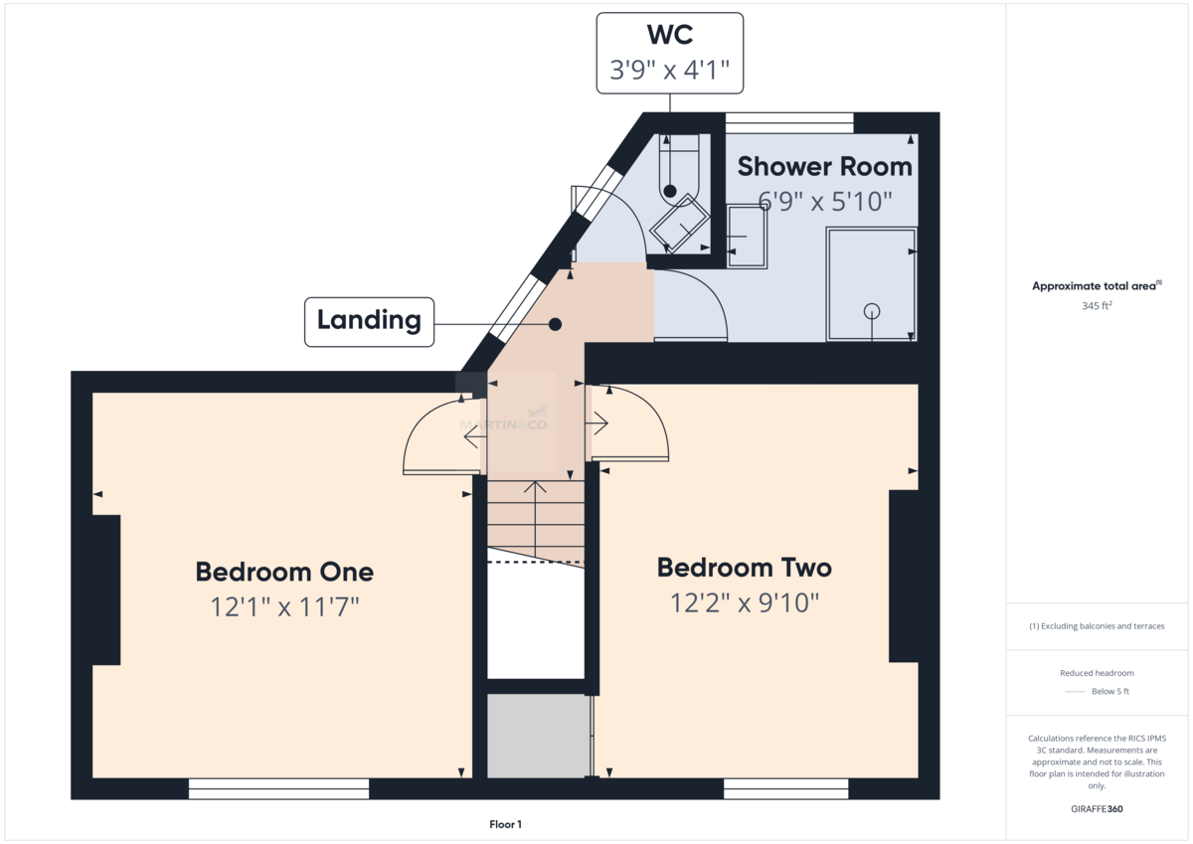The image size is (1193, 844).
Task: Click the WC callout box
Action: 669,54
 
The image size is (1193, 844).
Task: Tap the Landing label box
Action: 369,322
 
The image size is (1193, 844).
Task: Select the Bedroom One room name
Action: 284,572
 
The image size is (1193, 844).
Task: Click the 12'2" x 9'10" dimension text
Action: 744,602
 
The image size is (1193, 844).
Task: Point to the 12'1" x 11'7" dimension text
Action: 285,606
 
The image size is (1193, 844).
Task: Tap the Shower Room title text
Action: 824,167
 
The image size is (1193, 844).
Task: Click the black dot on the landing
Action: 555,324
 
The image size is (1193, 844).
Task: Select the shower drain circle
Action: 872,310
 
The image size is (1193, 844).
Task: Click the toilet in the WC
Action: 678,169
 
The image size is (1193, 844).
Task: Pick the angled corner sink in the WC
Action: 680,223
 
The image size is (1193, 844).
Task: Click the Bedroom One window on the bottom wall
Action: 278,788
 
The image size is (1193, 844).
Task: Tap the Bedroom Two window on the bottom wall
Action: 785,788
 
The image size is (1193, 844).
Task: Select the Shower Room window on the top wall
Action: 789,123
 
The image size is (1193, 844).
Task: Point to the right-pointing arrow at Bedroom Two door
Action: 596,423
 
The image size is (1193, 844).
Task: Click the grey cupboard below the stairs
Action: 539,736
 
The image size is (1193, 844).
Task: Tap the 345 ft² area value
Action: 1097,305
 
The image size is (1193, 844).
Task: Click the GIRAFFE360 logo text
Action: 1097,809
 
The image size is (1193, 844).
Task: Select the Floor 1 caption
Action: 505,824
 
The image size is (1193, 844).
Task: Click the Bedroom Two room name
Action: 744,568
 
